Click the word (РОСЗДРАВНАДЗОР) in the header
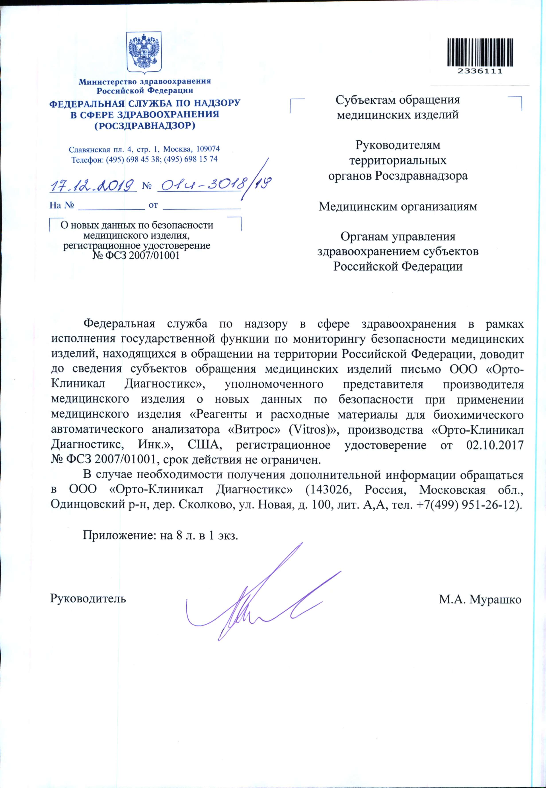[144, 126]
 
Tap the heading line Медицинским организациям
[398, 207]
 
